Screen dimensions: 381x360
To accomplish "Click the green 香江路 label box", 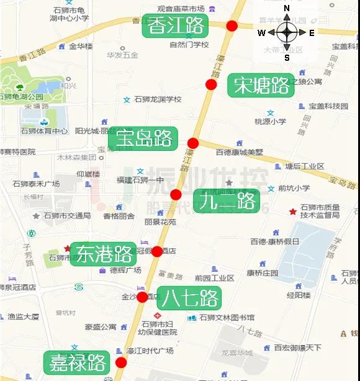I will [177, 25].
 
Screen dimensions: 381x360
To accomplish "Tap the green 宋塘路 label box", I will [262, 85].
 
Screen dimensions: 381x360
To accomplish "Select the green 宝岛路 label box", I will [145, 138].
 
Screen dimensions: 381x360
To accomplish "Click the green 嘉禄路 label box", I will [75, 362].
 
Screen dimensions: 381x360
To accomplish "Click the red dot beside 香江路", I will [232, 25].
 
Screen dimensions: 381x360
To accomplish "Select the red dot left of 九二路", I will [176, 195].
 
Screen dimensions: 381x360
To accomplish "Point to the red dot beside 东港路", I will [157, 251].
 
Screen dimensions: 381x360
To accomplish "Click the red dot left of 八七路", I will [143, 297].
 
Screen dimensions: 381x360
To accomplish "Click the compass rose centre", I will [287, 32].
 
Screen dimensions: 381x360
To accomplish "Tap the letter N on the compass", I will [287, 8].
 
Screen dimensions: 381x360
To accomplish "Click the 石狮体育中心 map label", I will [44, 131].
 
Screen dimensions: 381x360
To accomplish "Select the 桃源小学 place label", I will [271, 122].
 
